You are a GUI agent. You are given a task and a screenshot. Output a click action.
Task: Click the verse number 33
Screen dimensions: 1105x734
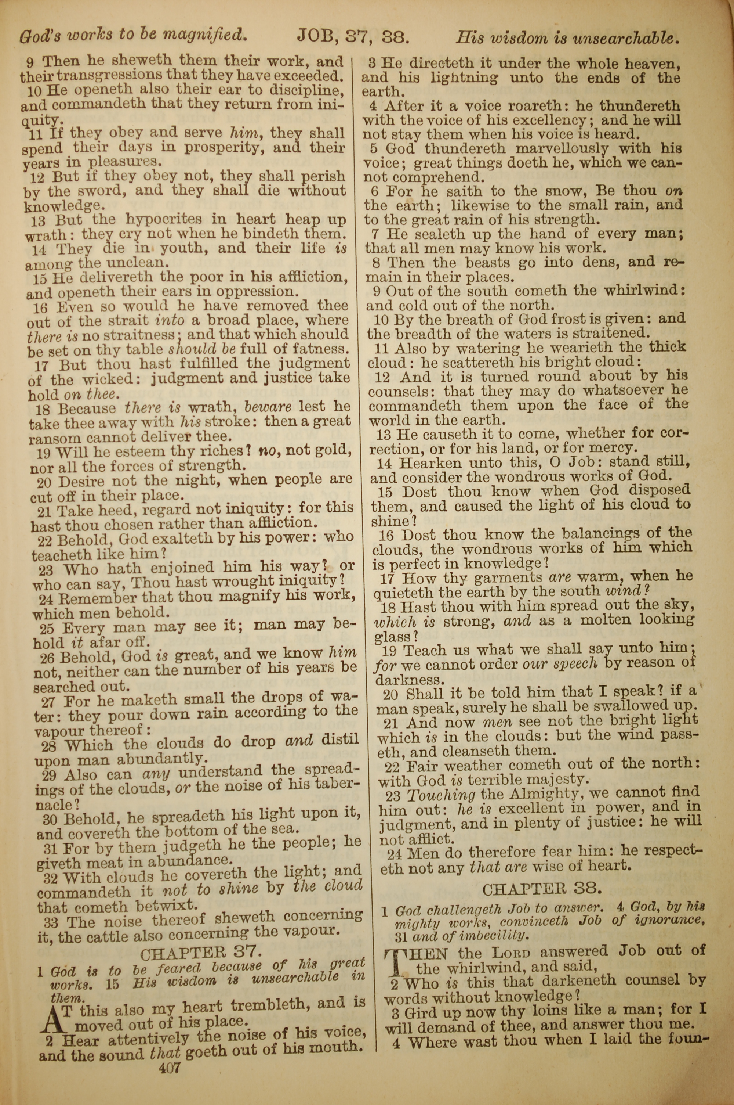click(x=51, y=922)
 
